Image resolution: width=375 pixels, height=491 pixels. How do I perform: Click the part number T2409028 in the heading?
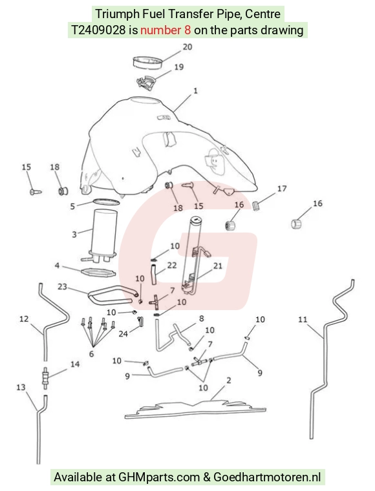98,30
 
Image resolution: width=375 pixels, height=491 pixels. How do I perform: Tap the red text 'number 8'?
166,30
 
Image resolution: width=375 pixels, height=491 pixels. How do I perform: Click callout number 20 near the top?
187,47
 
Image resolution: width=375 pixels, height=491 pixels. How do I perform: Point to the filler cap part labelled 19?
146,82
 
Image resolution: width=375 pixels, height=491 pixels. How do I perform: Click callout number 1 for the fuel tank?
195,91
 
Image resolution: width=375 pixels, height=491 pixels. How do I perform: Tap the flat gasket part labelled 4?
98,272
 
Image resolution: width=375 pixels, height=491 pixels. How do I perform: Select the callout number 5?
72,206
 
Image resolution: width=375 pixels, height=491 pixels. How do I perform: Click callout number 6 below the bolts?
91,354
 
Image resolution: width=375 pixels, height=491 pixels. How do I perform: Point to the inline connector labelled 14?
45,378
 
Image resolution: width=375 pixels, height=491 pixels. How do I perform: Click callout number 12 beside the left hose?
24,319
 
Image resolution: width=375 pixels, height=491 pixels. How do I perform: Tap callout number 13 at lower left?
21,388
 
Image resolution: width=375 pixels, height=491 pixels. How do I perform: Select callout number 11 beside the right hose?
303,320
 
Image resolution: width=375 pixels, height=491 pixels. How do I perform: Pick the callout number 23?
62,286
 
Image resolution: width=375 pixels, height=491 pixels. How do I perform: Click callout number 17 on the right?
282,189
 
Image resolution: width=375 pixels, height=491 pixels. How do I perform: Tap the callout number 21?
218,266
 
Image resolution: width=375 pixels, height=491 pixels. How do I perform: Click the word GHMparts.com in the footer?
159,477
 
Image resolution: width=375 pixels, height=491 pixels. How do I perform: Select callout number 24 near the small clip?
123,334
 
